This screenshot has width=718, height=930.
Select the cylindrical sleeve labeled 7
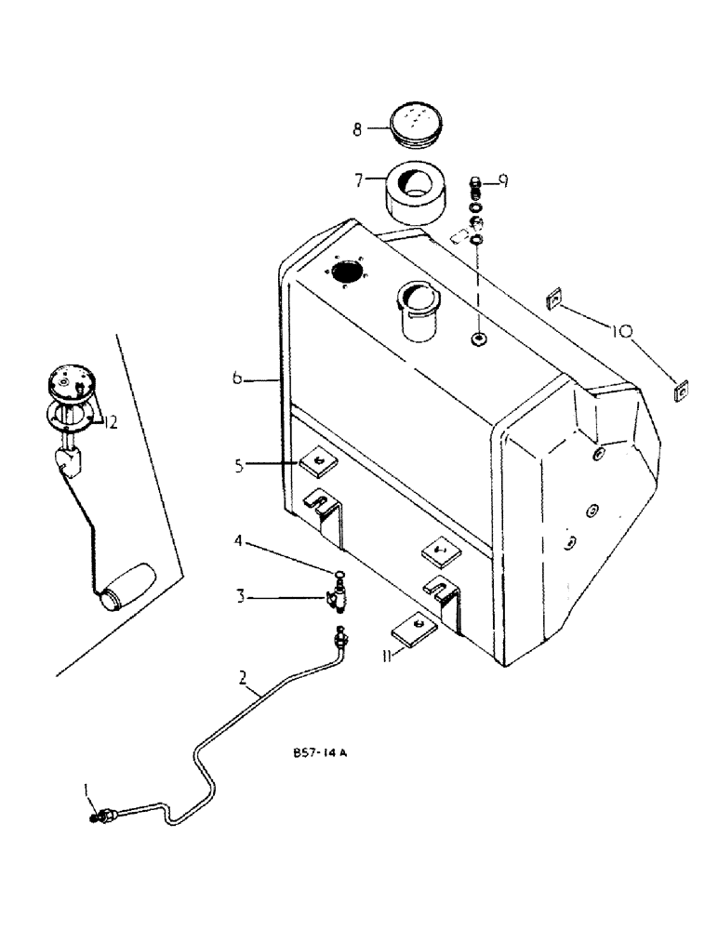tap(414, 193)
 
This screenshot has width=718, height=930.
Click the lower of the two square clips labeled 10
tap(681, 392)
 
